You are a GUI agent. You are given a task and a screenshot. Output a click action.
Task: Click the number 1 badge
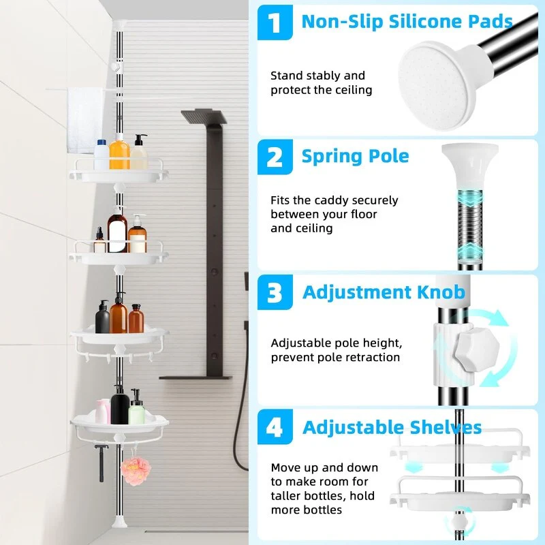pyautogui.click(x=275, y=22)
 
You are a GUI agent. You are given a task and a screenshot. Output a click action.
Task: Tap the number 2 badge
pyautogui.click(x=275, y=157)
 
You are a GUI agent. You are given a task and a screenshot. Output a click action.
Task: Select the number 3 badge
pyautogui.click(x=275, y=292)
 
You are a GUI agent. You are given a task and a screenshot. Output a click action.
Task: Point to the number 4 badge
pyautogui.click(x=275, y=427)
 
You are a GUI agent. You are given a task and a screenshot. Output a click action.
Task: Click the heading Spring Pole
pyautogui.click(x=355, y=157)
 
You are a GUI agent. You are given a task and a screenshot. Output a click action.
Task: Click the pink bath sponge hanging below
pyautogui.click(x=136, y=471)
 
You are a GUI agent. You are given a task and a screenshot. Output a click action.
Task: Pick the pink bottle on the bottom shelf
pyautogui.click(x=103, y=411)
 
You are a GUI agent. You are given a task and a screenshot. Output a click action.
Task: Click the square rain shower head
pyautogui.click(x=204, y=116)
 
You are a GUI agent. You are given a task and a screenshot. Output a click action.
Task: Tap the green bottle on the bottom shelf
pyautogui.click(x=136, y=407)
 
